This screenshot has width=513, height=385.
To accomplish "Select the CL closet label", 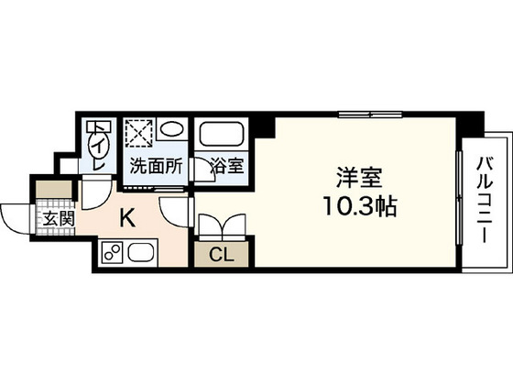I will [219, 255].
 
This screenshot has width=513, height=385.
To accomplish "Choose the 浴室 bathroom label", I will [225, 167].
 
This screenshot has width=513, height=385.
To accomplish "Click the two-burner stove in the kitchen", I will [112, 252].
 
